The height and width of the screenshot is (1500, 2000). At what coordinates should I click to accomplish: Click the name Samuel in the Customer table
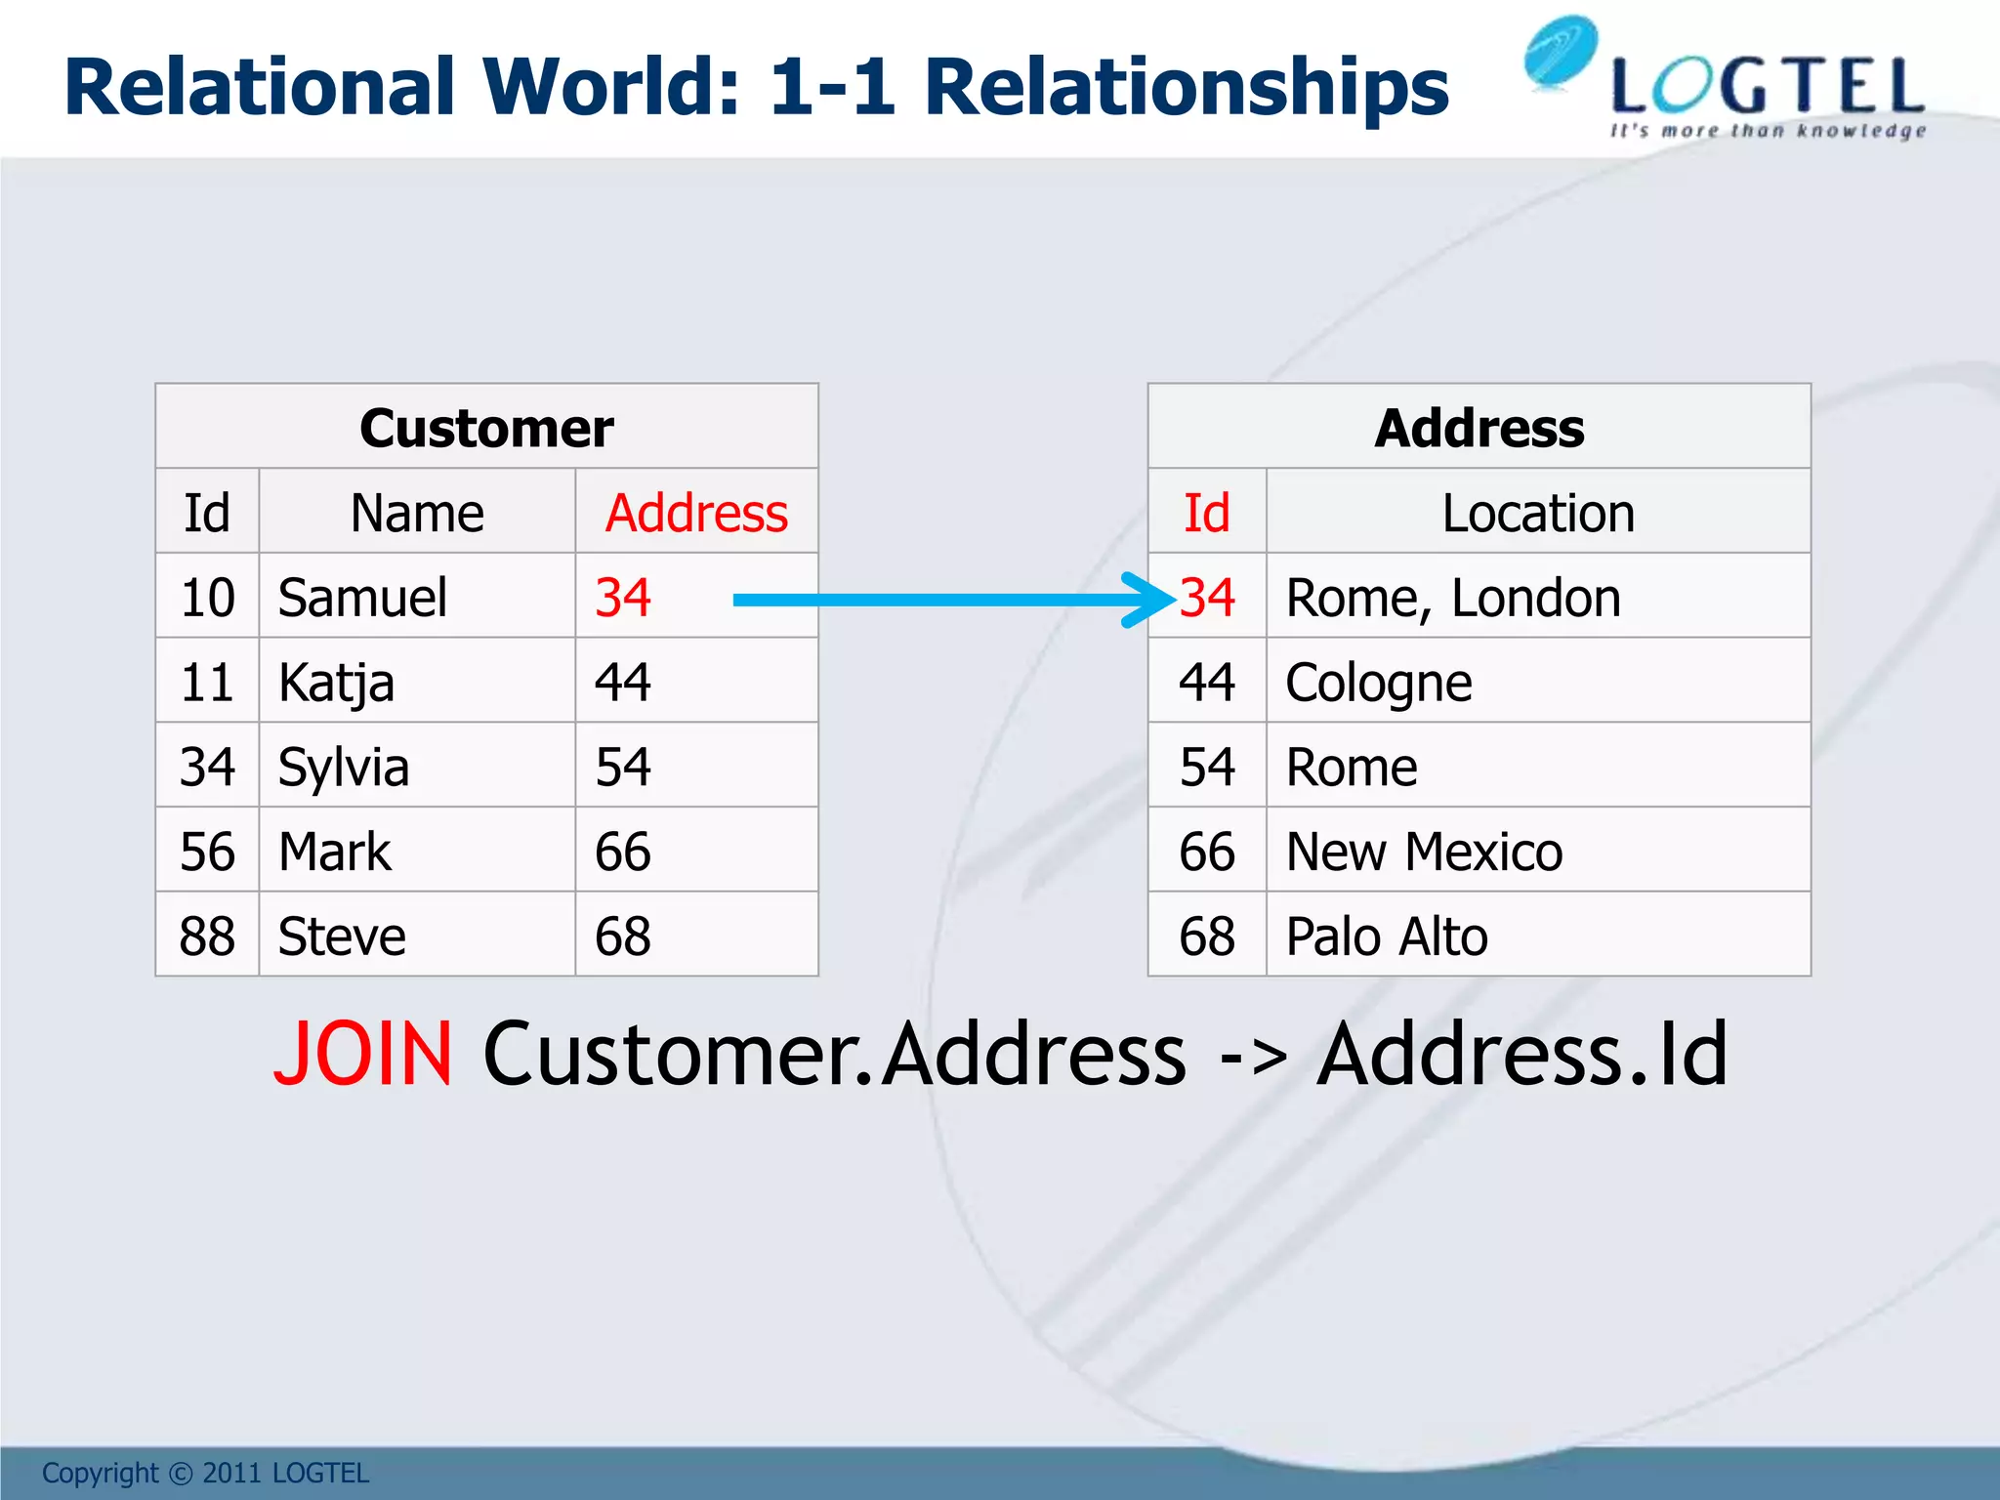click(x=362, y=598)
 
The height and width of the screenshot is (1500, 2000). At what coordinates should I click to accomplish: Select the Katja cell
click(x=336, y=683)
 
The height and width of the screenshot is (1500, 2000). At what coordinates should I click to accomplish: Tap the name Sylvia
click(x=343, y=768)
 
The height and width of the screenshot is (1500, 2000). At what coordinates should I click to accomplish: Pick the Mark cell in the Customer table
click(x=334, y=852)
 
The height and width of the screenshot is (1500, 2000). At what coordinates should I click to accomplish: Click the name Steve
click(x=342, y=937)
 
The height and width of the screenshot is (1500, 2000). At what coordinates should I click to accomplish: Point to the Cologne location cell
click(x=1378, y=683)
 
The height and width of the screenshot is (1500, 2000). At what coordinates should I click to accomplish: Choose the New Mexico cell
click(x=1424, y=852)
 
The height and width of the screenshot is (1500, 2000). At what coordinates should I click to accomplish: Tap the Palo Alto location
click(x=1387, y=937)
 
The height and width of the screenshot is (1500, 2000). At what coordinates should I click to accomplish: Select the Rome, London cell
click(x=1453, y=598)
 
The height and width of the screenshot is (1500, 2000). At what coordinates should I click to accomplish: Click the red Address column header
click(x=696, y=513)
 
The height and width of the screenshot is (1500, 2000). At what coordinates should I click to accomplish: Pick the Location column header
click(x=1538, y=513)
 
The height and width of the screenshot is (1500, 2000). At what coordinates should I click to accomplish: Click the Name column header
click(x=417, y=513)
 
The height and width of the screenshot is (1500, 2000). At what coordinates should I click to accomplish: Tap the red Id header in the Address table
click(x=1207, y=513)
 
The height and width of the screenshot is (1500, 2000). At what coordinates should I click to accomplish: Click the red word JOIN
click(x=363, y=1054)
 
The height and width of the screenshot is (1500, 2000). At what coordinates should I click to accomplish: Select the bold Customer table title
click(x=486, y=428)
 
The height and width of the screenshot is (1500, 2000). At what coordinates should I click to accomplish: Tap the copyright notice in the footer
click(x=205, y=1473)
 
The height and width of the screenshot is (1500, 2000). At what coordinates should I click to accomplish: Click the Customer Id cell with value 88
click(x=207, y=937)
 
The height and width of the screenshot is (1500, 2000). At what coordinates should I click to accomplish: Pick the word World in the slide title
click(x=611, y=87)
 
